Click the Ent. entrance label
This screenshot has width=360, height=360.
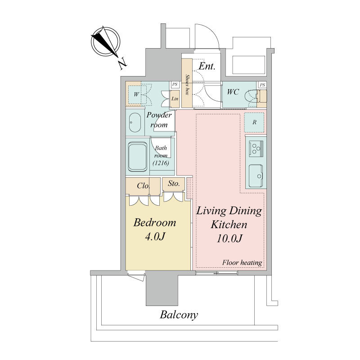[x=207, y=66]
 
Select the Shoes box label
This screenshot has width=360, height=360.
[x=187, y=85]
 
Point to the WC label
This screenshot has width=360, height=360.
[x=233, y=92]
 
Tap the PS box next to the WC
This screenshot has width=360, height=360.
[x=262, y=85]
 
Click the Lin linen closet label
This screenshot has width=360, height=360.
[x=175, y=99]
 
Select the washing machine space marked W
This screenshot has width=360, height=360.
[x=137, y=94]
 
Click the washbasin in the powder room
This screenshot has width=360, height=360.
[x=135, y=122]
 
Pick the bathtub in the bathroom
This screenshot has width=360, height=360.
[x=138, y=157]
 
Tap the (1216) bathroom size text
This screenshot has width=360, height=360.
[x=161, y=163]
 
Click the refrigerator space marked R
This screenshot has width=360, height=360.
[x=254, y=122]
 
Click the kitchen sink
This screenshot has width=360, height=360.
[x=256, y=176]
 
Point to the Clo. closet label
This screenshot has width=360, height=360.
[x=144, y=185]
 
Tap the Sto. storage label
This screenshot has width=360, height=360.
[x=174, y=184]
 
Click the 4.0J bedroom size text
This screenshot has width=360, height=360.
[x=155, y=236]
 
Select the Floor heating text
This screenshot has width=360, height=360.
[x=242, y=262]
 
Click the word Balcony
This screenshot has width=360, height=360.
[x=179, y=315]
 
